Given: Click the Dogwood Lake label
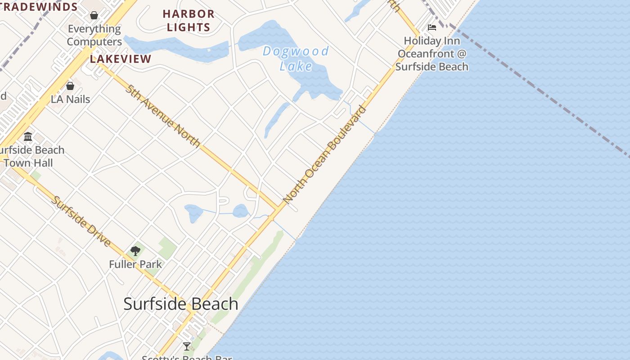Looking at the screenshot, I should click(x=296, y=58).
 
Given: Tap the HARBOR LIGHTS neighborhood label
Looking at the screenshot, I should click(x=189, y=21).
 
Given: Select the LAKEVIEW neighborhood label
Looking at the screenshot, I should click(x=121, y=59).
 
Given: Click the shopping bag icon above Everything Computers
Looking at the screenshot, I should click(x=94, y=16).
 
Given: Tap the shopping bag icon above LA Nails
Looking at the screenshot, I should click(x=70, y=86).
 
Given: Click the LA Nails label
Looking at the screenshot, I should click(x=71, y=99).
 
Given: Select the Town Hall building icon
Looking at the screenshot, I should click(x=28, y=136).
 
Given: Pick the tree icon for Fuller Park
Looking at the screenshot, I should click(x=135, y=251).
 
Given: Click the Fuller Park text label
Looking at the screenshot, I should click(x=135, y=264).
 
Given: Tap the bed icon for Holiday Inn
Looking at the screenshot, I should click(x=432, y=27).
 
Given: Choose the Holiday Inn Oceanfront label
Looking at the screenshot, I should click(x=432, y=54).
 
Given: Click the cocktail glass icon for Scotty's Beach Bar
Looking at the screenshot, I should click(x=187, y=346).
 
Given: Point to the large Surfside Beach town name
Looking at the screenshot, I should click(x=181, y=304).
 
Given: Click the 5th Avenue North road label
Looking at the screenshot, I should click(x=163, y=116).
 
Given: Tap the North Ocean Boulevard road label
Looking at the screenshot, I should click(x=324, y=154).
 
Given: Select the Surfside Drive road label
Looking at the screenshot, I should click(x=81, y=221).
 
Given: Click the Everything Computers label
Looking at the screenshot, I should click(x=94, y=35).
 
